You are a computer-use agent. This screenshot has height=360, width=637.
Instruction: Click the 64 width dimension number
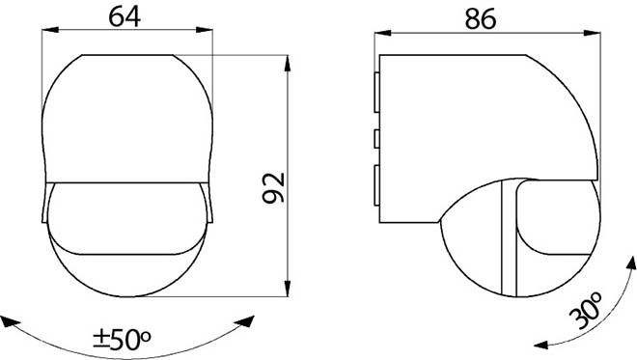(x=125, y=17)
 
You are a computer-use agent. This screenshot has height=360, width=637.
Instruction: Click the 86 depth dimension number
(x=481, y=19)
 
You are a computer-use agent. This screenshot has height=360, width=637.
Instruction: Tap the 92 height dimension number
(x=274, y=187)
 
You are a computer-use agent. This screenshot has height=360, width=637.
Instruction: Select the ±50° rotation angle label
(x=122, y=340)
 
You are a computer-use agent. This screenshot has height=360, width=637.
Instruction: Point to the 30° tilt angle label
(x=586, y=311)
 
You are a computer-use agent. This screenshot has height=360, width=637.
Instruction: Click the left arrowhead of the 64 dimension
(x=50, y=30)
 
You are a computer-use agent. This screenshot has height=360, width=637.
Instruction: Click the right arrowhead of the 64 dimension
(x=205, y=30)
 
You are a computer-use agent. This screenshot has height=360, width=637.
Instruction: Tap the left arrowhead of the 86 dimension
(x=383, y=33)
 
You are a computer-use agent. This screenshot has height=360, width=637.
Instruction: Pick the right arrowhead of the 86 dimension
(x=592, y=33)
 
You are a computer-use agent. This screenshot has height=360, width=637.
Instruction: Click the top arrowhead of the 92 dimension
(x=288, y=64)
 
